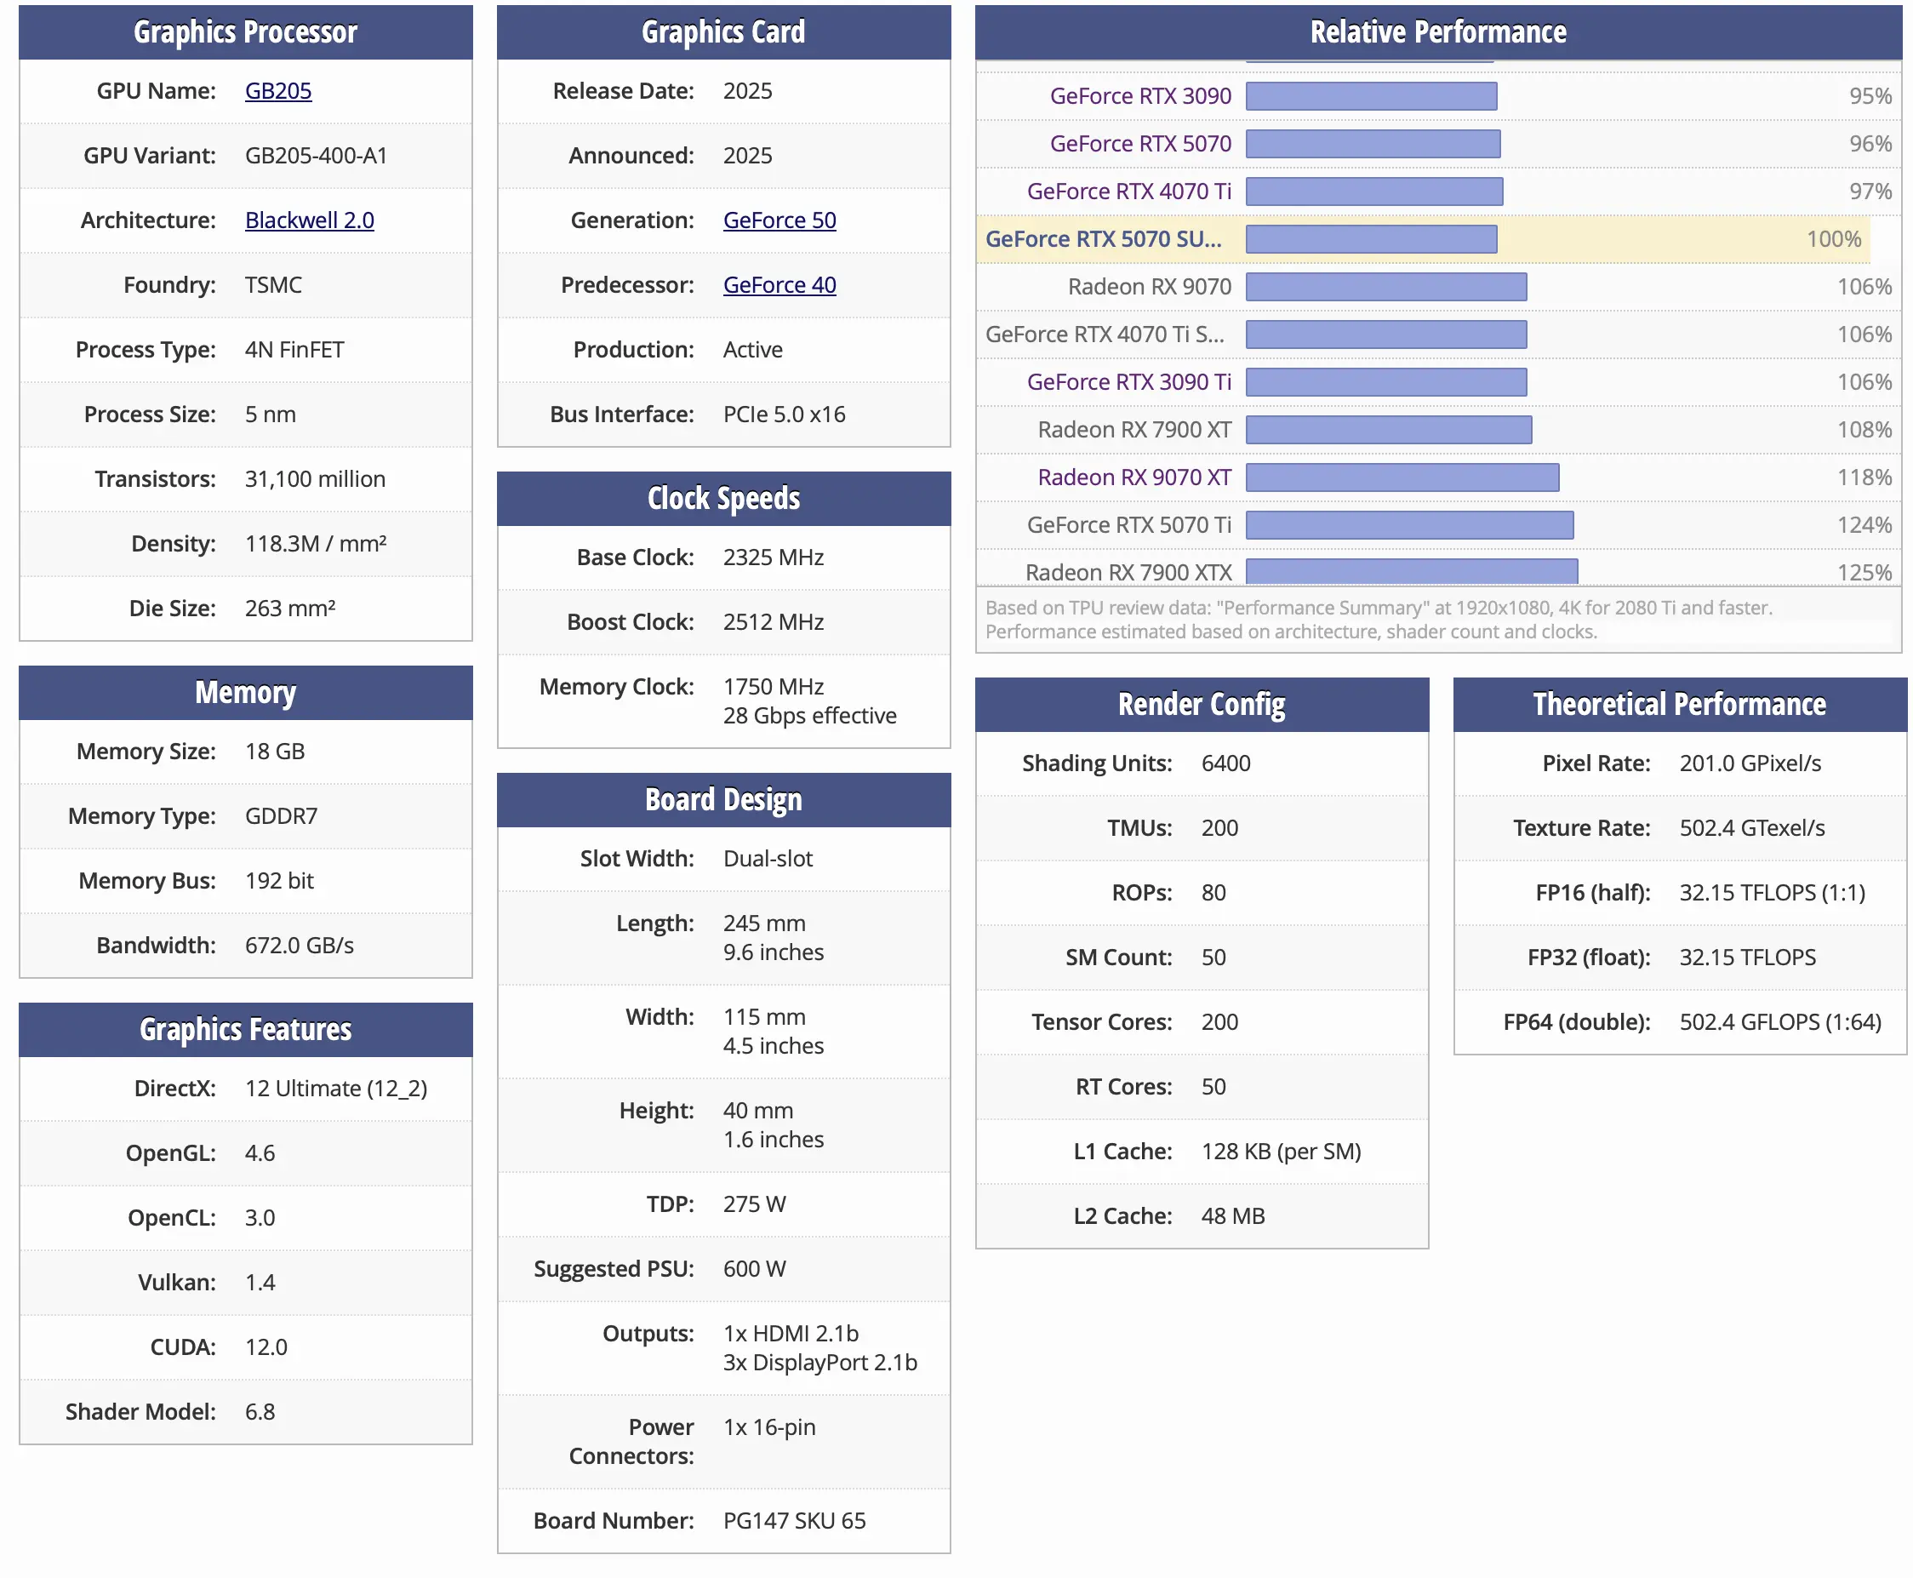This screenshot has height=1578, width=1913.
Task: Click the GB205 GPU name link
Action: point(278,91)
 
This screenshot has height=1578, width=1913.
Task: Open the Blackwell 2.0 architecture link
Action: point(309,220)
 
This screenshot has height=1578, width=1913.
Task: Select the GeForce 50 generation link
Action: point(779,220)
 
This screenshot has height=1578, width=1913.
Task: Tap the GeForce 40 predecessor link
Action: point(779,284)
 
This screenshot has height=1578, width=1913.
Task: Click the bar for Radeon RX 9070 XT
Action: point(1402,477)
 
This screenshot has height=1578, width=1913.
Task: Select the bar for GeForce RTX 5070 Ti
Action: point(1409,524)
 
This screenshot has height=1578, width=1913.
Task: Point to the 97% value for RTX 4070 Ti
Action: point(1870,191)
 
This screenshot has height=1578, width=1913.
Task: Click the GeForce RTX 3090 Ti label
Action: point(1128,382)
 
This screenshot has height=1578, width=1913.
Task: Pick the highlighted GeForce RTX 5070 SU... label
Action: point(1103,239)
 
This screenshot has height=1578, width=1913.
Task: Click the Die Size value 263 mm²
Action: point(290,608)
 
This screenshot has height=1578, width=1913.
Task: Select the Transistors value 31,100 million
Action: point(315,479)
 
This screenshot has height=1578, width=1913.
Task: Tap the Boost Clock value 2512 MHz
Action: point(774,621)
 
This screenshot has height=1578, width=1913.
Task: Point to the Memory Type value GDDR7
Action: point(281,816)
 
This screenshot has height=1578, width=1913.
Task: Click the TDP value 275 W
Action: point(754,1204)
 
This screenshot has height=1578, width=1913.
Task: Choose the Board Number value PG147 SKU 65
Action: point(794,1521)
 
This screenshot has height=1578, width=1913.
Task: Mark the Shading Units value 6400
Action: point(1225,763)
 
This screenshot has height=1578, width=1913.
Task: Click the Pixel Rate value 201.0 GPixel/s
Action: point(1750,763)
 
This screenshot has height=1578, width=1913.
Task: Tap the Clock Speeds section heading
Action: point(723,498)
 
